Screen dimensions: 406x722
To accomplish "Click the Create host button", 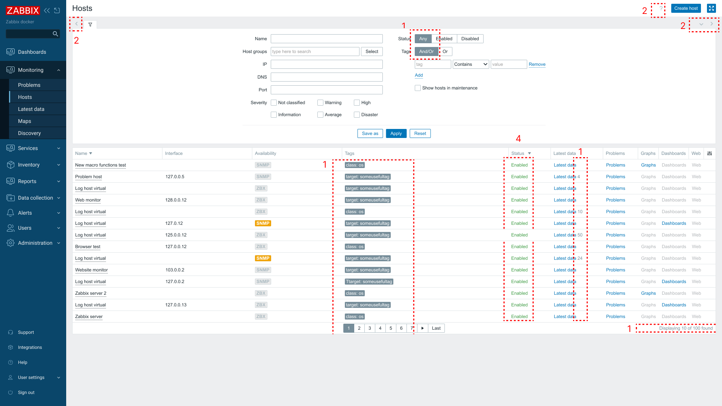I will (686, 8).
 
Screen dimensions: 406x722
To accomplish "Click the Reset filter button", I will (420, 133).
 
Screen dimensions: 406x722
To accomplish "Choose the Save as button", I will (370, 133).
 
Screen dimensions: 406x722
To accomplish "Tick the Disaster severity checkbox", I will (357, 115).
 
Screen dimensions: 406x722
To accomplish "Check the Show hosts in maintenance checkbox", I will (418, 88).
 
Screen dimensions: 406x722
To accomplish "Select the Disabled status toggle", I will (470, 39).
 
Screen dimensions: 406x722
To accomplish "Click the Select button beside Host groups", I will (372, 52).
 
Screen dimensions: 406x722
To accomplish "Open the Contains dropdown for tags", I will (471, 64).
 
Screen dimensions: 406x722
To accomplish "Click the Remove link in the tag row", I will (537, 64).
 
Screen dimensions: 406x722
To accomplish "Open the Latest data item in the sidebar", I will (31, 109).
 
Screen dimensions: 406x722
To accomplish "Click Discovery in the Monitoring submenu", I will (29, 133).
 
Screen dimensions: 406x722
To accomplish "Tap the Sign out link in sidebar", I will (26, 392).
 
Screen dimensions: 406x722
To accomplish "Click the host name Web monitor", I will (88, 200).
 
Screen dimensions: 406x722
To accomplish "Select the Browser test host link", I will (88, 247).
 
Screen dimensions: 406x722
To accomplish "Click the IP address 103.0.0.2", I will (175, 270).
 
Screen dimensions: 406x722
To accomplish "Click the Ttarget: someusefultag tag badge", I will (369, 282).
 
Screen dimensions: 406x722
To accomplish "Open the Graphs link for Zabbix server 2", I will (648, 293).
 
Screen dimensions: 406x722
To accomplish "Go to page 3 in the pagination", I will (370, 328).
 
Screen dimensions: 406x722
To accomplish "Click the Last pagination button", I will (436, 328).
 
